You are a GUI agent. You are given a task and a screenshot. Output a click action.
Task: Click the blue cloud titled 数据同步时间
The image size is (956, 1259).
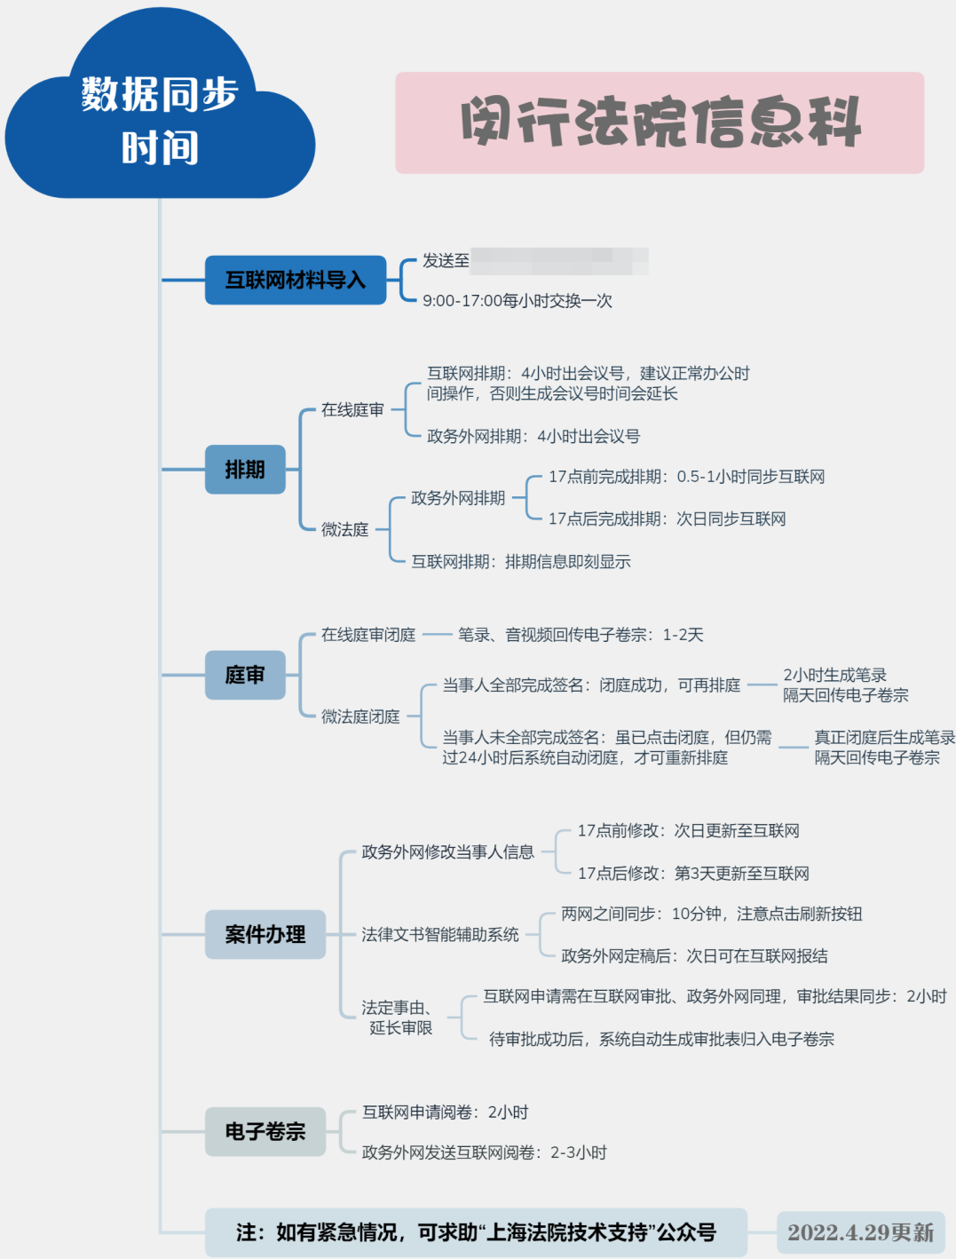click(160, 121)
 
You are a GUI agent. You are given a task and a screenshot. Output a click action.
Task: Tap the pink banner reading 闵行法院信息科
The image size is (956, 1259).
click(660, 123)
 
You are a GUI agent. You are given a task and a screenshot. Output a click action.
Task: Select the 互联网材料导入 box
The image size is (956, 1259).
click(296, 281)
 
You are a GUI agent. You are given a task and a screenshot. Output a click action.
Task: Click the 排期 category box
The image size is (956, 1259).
click(245, 470)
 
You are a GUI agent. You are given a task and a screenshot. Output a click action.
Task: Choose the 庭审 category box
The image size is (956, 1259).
click(245, 675)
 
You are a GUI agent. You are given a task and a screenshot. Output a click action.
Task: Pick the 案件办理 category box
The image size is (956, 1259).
click(265, 934)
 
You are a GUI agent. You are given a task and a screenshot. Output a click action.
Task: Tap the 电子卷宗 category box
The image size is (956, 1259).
click(265, 1131)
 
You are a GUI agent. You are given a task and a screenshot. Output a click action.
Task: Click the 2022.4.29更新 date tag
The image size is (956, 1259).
click(860, 1232)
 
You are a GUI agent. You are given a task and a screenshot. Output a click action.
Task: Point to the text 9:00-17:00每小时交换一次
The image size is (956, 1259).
click(518, 301)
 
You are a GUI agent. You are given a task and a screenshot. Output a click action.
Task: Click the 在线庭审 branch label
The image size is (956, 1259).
click(352, 409)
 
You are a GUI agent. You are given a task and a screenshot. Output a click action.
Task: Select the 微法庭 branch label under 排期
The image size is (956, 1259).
click(344, 529)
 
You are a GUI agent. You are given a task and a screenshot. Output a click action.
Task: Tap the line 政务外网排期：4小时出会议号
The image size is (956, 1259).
click(533, 436)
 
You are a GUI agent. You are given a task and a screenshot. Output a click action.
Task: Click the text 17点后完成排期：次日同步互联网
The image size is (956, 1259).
click(667, 519)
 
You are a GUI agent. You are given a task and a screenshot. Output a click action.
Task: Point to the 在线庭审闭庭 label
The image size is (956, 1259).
click(368, 635)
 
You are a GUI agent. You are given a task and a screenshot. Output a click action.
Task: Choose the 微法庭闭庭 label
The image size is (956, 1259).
click(360, 717)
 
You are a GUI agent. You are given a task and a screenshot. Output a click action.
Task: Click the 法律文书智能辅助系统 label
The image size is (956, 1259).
click(440, 934)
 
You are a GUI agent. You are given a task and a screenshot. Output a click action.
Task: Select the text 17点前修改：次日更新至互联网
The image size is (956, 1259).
click(688, 831)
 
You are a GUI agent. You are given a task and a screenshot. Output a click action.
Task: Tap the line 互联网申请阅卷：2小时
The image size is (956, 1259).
click(445, 1113)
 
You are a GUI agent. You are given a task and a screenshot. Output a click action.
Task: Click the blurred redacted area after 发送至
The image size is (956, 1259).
click(559, 261)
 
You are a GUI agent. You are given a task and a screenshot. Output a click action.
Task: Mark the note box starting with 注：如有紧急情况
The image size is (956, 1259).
click(476, 1232)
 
